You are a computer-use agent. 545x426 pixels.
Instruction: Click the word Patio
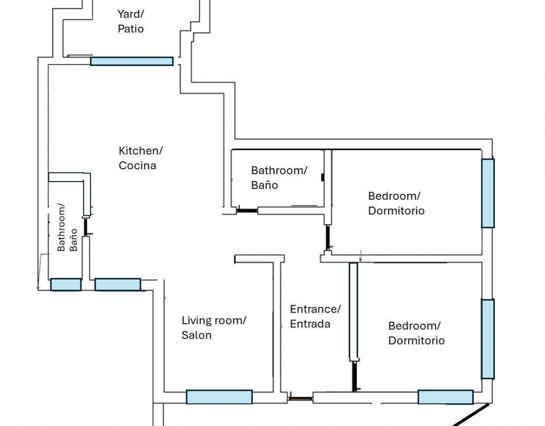[131, 29]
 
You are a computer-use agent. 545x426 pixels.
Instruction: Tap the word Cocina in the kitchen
[137, 165]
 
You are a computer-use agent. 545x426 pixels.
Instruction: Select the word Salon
[196, 335]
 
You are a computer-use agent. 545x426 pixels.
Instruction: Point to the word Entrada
[310, 324]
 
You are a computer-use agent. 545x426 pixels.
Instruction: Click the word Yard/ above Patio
[131, 14]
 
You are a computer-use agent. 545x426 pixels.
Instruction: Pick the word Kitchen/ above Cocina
[141, 151]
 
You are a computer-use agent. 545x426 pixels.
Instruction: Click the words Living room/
[214, 320]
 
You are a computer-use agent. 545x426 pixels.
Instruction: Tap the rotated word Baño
[73, 240]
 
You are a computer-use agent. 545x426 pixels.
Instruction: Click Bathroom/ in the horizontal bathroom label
[279, 170]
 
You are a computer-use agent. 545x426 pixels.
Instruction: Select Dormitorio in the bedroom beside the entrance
[416, 340]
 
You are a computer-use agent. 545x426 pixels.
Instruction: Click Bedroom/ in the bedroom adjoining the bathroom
[394, 196]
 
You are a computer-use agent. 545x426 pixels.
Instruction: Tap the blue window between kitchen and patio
[132, 61]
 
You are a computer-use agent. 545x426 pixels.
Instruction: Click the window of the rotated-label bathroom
[65, 284]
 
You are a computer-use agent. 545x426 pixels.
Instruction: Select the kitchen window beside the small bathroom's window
[118, 284]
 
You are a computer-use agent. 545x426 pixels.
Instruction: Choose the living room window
[219, 397]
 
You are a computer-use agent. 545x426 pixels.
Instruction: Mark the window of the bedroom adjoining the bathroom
[488, 193]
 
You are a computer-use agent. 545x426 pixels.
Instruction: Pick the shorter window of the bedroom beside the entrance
[445, 397]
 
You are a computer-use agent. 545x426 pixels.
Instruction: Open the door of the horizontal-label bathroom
[247, 210]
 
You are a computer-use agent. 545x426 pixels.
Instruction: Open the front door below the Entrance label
[300, 398]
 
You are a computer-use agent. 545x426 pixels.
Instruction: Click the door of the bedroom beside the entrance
[354, 376]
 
